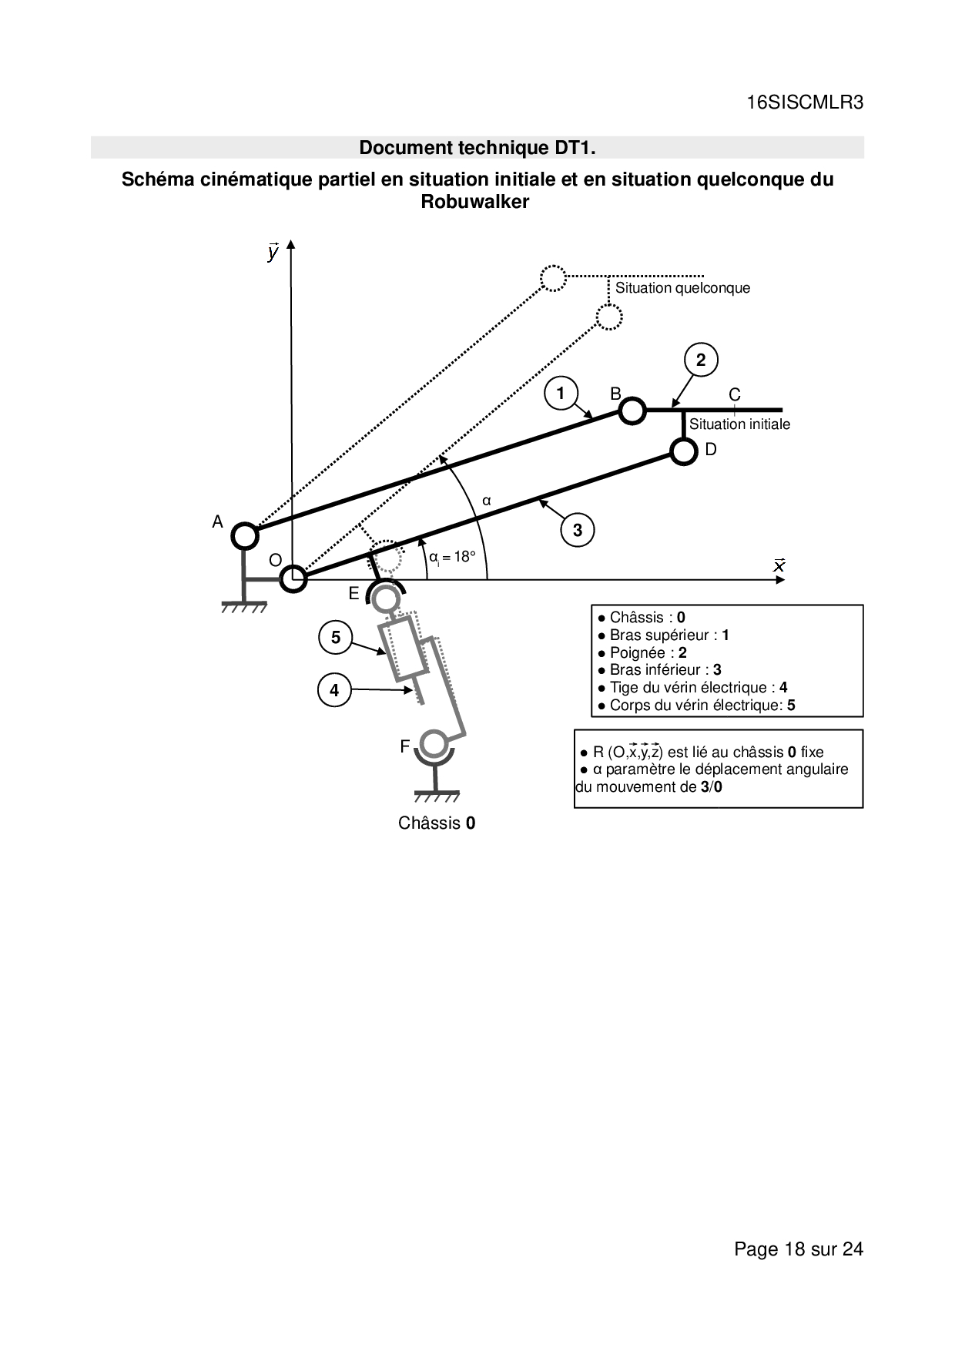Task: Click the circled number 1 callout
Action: click(561, 394)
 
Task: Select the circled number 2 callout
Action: click(701, 360)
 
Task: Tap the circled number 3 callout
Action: click(578, 530)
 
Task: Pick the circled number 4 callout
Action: click(334, 690)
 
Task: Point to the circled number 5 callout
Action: click(335, 637)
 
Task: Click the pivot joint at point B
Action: click(632, 411)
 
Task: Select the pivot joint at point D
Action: click(683, 451)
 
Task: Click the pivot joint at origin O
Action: click(293, 578)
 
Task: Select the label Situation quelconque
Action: click(682, 288)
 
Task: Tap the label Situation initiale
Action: click(739, 424)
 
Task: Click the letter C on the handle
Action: click(735, 394)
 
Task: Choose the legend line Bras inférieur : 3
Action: click(659, 670)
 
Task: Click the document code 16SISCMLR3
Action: click(805, 103)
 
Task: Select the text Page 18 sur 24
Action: click(799, 1249)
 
